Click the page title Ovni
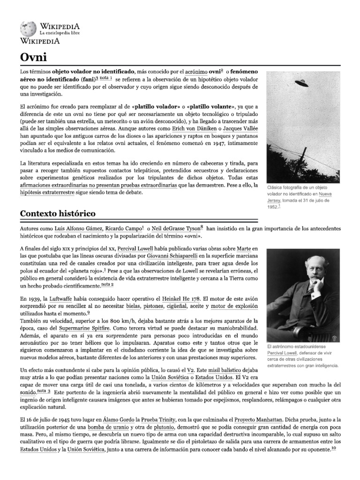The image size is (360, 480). coord(33,57)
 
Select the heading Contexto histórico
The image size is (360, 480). coord(58,213)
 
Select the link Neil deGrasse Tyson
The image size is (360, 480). coord(179,228)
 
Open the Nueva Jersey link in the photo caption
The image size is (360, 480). coord(323,195)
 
